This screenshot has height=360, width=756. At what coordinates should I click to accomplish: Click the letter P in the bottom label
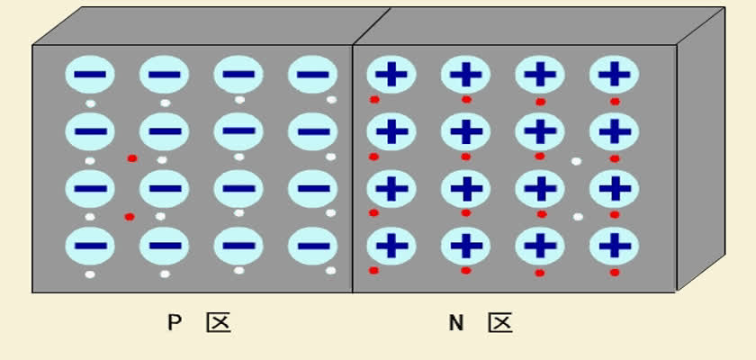tap(174, 322)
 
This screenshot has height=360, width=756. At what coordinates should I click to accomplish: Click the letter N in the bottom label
tap(456, 322)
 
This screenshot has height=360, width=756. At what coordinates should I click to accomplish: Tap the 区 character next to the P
tap(219, 322)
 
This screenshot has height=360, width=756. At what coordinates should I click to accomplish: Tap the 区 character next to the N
tap(500, 322)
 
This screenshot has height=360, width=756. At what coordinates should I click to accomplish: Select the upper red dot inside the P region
tap(132, 158)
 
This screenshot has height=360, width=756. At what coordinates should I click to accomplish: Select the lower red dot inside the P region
tap(130, 217)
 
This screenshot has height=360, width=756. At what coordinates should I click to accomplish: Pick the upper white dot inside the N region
tap(576, 161)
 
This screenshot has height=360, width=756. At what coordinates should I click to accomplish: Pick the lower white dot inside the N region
tap(578, 217)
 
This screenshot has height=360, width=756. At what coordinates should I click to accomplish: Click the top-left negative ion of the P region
tap(90, 74)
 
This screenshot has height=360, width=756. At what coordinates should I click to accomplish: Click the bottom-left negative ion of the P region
tap(90, 246)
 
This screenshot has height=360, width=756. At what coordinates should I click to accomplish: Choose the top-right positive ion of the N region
tap(614, 74)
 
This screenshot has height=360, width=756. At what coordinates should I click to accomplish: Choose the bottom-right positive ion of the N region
tap(614, 246)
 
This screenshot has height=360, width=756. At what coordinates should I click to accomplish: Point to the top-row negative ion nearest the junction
tap(313, 74)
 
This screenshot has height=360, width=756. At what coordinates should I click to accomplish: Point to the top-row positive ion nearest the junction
tap(391, 74)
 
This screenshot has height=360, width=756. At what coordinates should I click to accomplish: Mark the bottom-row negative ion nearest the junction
tap(313, 246)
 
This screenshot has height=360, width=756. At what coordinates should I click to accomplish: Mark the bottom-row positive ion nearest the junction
tap(391, 246)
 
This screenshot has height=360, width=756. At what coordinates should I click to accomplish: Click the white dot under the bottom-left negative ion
tap(90, 274)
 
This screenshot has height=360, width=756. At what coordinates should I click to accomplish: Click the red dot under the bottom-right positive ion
tap(615, 273)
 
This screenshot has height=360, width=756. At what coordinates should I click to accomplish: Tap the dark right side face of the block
tap(701, 149)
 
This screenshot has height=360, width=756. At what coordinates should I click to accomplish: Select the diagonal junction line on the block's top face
tap(372, 26)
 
